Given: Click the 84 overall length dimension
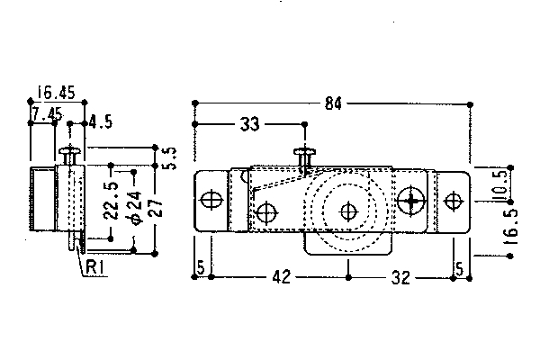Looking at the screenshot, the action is coord(333,103).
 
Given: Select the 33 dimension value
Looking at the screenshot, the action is coord(249,124).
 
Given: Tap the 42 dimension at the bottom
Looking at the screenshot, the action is coord(282,276).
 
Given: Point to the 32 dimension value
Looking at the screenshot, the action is coord(400,277).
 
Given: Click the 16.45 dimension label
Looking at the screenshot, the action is coord(56,93).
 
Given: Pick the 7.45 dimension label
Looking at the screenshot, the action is coord(47,113).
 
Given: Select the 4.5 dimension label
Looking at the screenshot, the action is coord(101,122).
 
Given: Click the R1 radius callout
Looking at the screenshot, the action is coord(94,267).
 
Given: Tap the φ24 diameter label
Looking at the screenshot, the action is coord(136,208).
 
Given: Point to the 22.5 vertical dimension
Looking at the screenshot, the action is coord(112,201).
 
